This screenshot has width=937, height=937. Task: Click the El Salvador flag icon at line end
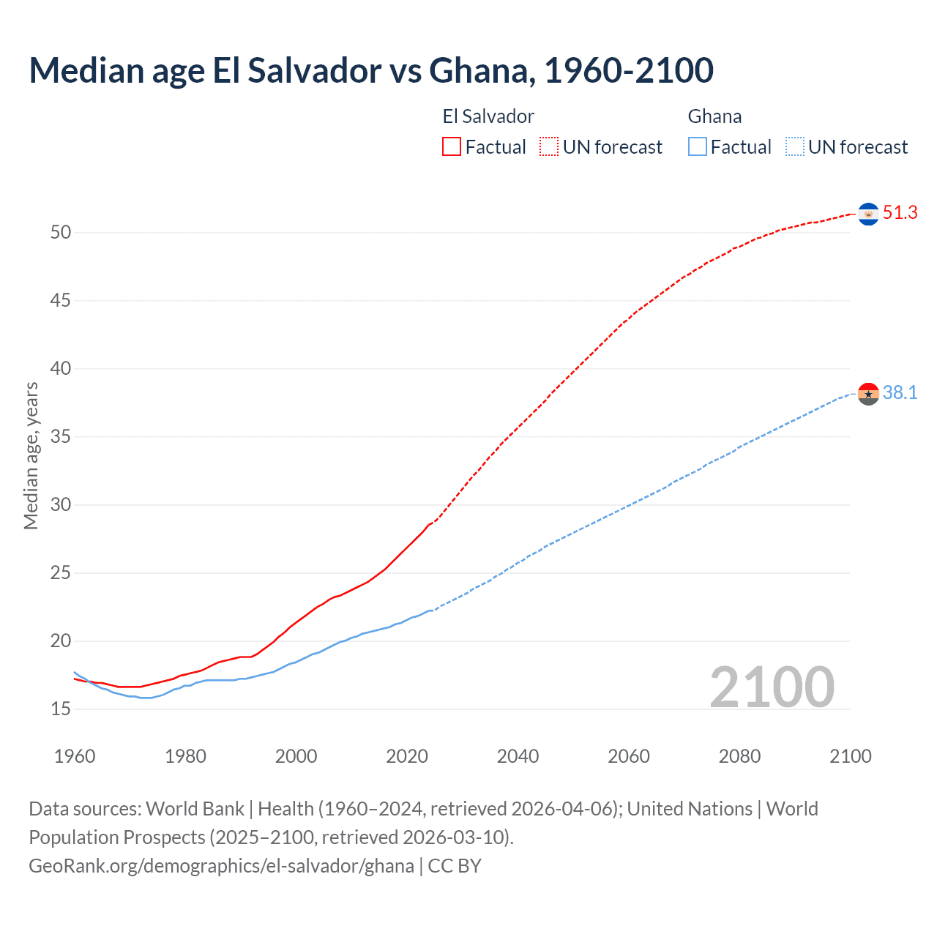pos(868,214)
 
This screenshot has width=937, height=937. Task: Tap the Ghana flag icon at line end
pos(868,394)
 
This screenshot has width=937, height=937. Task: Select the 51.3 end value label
pos(900,213)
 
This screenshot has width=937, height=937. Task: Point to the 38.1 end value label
pos(900,393)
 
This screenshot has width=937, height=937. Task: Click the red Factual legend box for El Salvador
pos(452,147)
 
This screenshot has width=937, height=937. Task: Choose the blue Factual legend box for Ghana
pos(697,147)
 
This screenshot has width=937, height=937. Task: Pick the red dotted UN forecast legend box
pos(549,147)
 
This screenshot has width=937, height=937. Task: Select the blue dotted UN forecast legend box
pos(794,147)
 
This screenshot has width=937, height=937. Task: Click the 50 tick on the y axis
pos(61,233)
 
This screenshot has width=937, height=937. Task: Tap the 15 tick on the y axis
pos(61,709)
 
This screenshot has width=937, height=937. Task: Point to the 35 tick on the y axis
pos(61,437)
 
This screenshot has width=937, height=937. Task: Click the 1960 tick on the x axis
pos(75,756)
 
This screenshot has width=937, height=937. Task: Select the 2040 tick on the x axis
pos(518,756)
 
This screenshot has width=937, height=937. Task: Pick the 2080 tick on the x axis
pos(739,756)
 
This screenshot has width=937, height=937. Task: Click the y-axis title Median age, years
pos(31,455)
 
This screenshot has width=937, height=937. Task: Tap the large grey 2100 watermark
pos(772,687)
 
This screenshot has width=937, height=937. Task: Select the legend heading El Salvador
pos(488,116)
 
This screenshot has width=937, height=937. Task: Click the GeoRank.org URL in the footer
pos(221,866)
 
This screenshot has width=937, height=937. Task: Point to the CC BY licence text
pos(455,866)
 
